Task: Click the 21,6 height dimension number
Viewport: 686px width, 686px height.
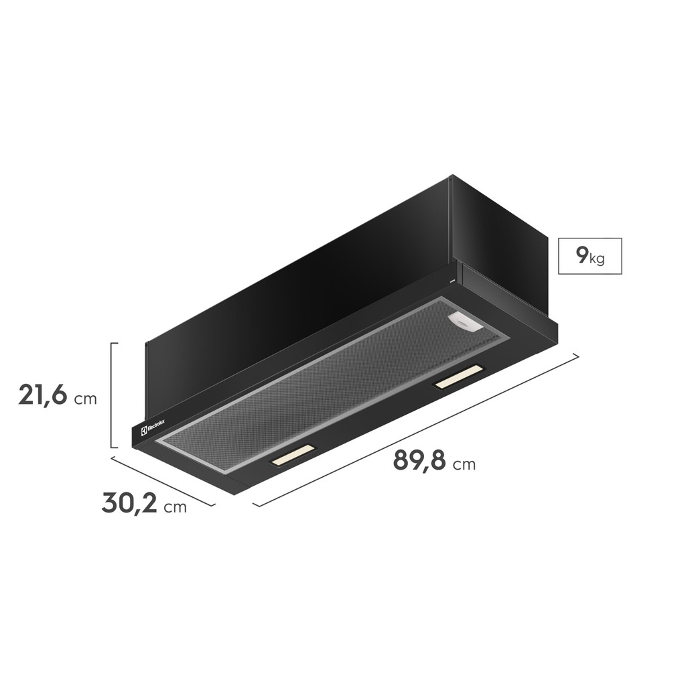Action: tap(43, 395)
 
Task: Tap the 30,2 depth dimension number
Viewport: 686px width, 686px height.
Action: tap(129, 502)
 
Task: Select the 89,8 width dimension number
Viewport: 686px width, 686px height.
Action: tap(419, 460)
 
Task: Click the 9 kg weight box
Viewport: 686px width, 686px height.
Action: tap(590, 256)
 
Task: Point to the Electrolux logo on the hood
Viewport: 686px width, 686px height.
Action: tap(153, 427)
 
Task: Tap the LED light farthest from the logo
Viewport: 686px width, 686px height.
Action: tap(458, 376)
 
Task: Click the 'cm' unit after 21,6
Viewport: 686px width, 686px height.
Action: tap(85, 399)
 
